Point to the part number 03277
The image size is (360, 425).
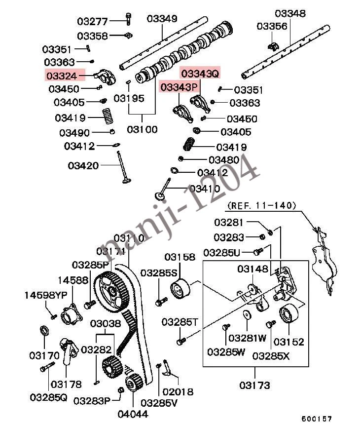tap(92, 21)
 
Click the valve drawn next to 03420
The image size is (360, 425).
tap(123, 168)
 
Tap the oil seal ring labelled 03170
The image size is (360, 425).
tap(44, 330)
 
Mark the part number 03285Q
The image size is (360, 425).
tap(48, 397)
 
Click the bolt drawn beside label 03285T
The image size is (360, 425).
tap(180, 341)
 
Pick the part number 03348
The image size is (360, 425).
tap(290, 13)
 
